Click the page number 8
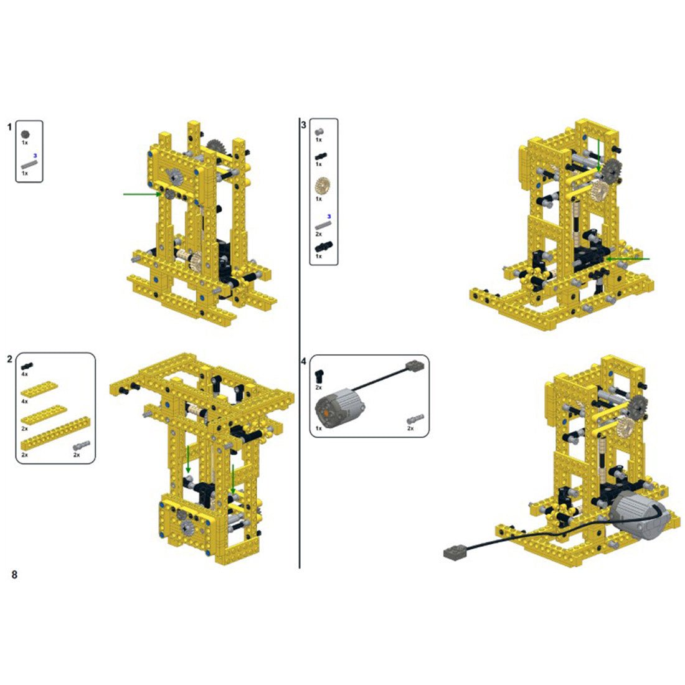click(14, 574)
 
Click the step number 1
click(9, 127)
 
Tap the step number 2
click(9, 359)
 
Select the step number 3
click(304, 125)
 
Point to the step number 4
click(304, 362)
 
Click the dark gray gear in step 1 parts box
click(26, 135)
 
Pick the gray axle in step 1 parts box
click(29, 164)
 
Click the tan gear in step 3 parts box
click(323, 186)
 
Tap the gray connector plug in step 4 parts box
click(415, 366)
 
